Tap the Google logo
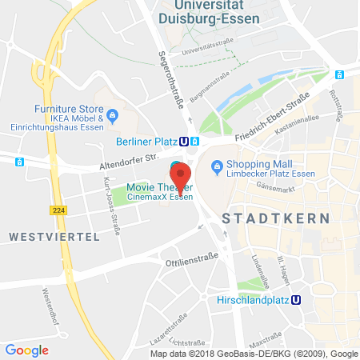click(26, 350)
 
